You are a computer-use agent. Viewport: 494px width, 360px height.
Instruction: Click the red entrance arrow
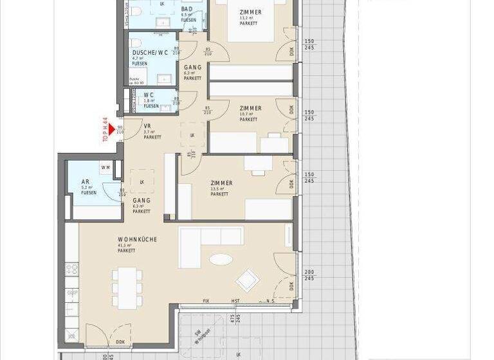[111, 130]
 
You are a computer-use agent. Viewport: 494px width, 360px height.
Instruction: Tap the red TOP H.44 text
[105, 129]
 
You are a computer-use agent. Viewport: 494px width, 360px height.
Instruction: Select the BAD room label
[187, 9]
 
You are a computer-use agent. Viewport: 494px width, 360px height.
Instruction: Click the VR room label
[147, 126]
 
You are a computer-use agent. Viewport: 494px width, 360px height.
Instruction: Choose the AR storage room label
[85, 183]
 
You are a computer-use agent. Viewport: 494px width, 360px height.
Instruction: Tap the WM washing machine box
[105, 167]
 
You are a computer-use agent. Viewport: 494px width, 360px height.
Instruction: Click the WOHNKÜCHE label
[137, 240]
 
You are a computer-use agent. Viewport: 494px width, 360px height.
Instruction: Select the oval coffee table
[221, 260]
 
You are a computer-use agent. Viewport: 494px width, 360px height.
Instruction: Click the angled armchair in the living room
[247, 280]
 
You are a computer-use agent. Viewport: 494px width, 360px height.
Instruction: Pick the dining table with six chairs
[127, 287]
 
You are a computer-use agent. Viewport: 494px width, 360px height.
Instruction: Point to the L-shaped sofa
[206, 244]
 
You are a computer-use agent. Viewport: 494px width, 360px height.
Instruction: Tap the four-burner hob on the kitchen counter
[72, 270]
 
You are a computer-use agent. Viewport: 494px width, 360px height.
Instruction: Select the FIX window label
[206, 301]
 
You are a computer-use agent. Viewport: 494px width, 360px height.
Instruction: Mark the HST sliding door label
[235, 301]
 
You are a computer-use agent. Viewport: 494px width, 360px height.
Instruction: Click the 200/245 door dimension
[309, 275]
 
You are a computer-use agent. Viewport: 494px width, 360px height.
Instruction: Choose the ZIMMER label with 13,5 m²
[221, 183]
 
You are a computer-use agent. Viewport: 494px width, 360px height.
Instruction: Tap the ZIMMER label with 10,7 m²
[250, 109]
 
